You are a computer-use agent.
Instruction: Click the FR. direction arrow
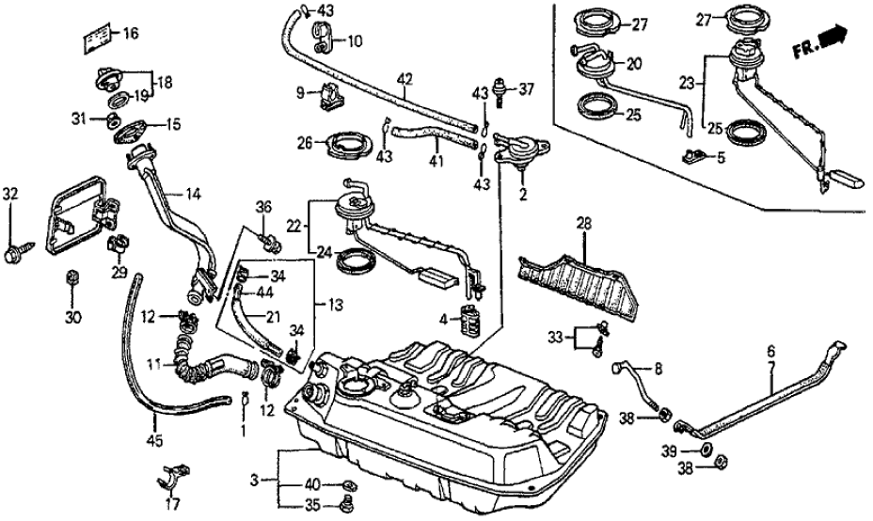click(x=830, y=39)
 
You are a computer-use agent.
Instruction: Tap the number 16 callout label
click(x=129, y=35)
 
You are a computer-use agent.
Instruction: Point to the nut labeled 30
click(x=71, y=277)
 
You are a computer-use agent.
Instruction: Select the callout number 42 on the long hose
click(x=404, y=81)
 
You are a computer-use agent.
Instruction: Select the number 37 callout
click(x=525, y=89)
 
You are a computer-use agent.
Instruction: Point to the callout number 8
click(x=658, y=368)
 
